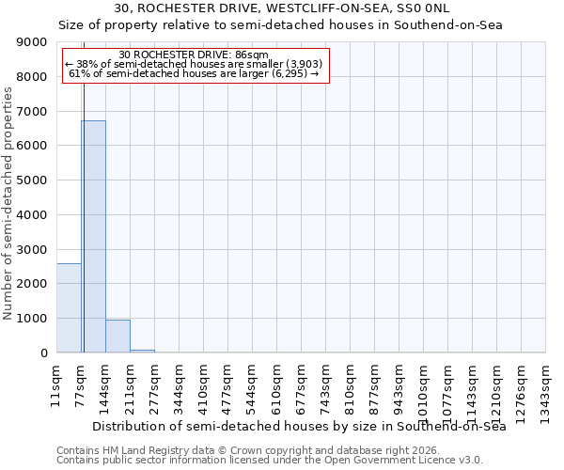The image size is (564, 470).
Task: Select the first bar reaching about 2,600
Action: (69, 307)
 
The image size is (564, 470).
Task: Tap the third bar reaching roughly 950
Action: (117, 336)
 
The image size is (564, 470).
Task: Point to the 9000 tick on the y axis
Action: (34, 42)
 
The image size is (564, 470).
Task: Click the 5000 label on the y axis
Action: (34, 180)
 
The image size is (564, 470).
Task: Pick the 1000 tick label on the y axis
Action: (34, 319)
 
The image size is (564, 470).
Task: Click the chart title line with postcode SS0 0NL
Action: (282, 9)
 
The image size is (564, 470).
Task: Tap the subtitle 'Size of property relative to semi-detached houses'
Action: (282, 25)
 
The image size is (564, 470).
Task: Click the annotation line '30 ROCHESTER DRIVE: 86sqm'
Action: (196, 55)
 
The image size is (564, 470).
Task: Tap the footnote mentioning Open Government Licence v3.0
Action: (270, 461)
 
